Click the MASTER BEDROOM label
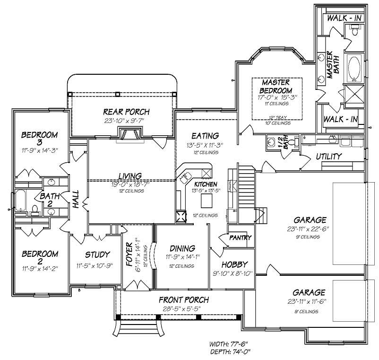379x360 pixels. click(276, 87)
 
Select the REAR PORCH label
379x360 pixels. click(126, 112)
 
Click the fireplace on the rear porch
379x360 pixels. click(130, 136)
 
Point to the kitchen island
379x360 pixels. click(206, 202)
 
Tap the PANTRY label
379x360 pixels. click(240, 238)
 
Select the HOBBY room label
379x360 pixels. click(231, 263)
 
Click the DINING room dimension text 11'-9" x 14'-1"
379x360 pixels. click(182, 257)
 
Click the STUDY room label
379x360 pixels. click(97, 255)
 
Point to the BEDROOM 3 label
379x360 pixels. click(40, 139)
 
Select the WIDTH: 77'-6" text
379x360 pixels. click(229, 344)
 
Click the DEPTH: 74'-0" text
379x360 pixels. click(229, 351)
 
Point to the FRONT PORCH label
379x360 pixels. click(184, 300)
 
